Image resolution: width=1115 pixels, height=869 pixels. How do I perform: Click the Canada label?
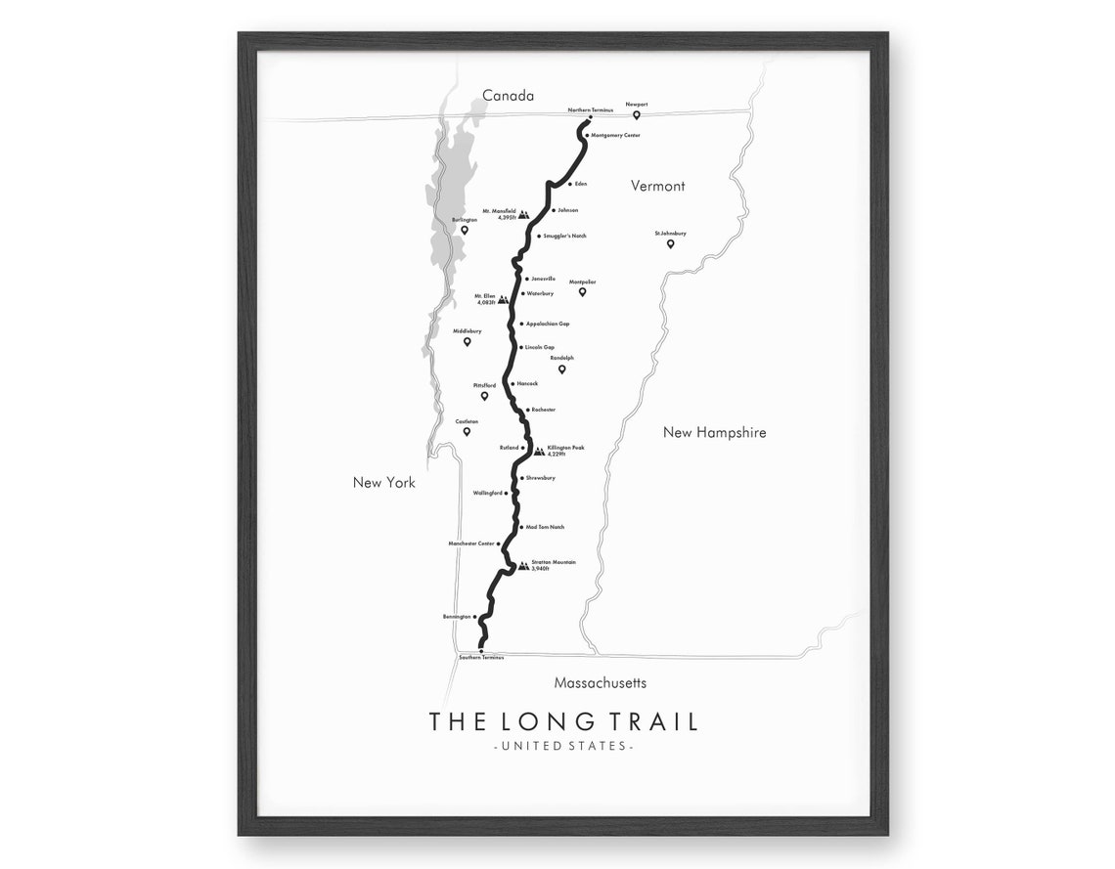click(508, 96)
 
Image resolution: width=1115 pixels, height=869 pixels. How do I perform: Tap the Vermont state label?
click(657, 186)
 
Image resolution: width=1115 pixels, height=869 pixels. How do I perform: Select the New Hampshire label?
click(714, 432)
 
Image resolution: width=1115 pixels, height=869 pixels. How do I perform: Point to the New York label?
click(384, 482)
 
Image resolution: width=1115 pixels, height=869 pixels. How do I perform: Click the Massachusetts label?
click(600, 683)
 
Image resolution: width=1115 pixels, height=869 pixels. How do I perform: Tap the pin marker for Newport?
click(637, 115)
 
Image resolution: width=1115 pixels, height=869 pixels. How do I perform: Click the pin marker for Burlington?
click(465, 231)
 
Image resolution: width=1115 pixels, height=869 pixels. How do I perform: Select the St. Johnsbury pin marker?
click(671, 243)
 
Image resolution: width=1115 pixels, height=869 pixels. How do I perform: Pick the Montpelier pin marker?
click(582, 291)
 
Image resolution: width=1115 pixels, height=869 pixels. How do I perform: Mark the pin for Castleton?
click(467, 431)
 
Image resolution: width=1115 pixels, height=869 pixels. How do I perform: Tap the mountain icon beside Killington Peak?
click(538, 451)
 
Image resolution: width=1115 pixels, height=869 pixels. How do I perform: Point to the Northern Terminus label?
click(590, 109)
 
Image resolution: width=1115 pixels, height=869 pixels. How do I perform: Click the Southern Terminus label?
click(481, 658)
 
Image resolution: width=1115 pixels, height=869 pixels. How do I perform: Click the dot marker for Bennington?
click(476, 618)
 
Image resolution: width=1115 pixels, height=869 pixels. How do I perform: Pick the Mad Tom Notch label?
click(545, 527)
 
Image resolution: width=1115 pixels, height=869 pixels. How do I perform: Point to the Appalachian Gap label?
click(548, 324)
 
